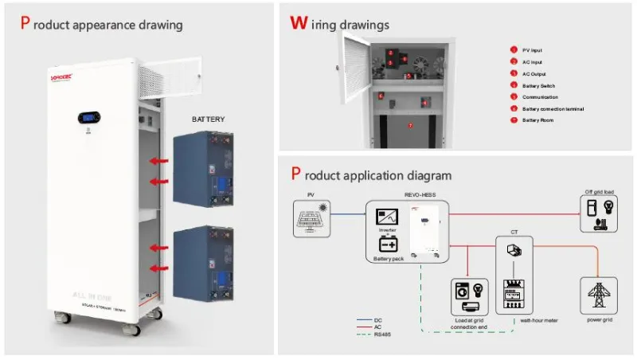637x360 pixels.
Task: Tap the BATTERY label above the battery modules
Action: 208,119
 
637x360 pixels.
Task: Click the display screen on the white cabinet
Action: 89,118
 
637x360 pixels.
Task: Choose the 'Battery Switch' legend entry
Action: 539,84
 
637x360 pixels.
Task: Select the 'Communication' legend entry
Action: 541,96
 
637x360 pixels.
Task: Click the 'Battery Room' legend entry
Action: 538,119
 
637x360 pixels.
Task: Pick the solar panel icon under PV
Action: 311,215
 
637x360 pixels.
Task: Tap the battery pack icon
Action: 389,244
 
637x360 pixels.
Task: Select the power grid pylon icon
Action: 599,295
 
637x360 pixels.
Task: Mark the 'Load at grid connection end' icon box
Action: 467,295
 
